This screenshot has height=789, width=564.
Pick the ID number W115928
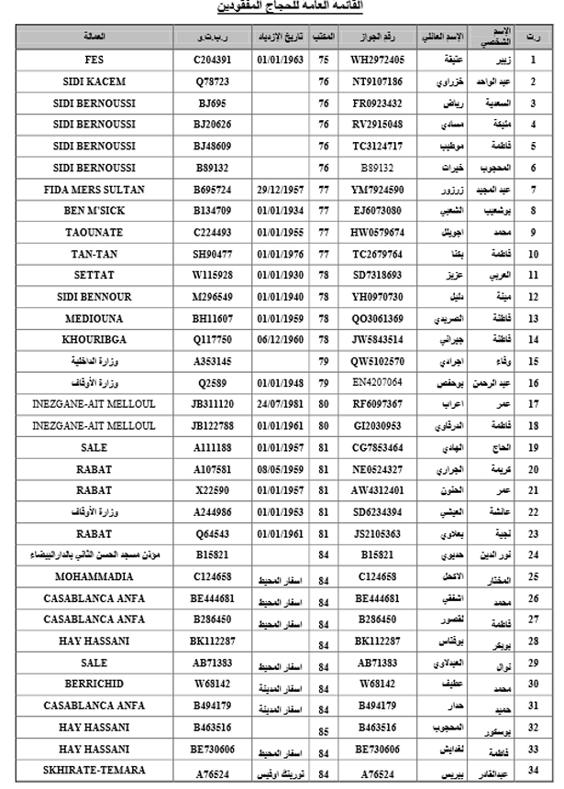212,275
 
